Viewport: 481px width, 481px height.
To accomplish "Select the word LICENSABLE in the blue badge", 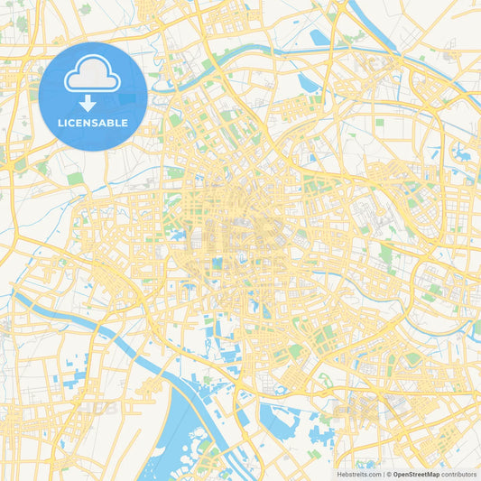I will click(x=93, y=123).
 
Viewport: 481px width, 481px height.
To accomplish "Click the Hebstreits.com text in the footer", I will click(x=358, y=474).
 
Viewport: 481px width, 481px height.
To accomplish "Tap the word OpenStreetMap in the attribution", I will click(x=416, y=474).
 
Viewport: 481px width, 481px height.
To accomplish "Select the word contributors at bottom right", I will click(x=459, y=474).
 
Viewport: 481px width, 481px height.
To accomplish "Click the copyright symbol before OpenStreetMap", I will click(x=388, y=474).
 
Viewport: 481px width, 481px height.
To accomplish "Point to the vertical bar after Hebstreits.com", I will click(x=383, y=474).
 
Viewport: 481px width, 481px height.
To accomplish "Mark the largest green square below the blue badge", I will click(x=74, y=179).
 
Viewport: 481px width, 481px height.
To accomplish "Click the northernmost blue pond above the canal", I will click(x=318, y=38).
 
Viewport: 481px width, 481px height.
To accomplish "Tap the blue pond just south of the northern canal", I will click(x=307, y=83).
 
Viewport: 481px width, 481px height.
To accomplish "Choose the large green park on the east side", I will click(x=386, y=255).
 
